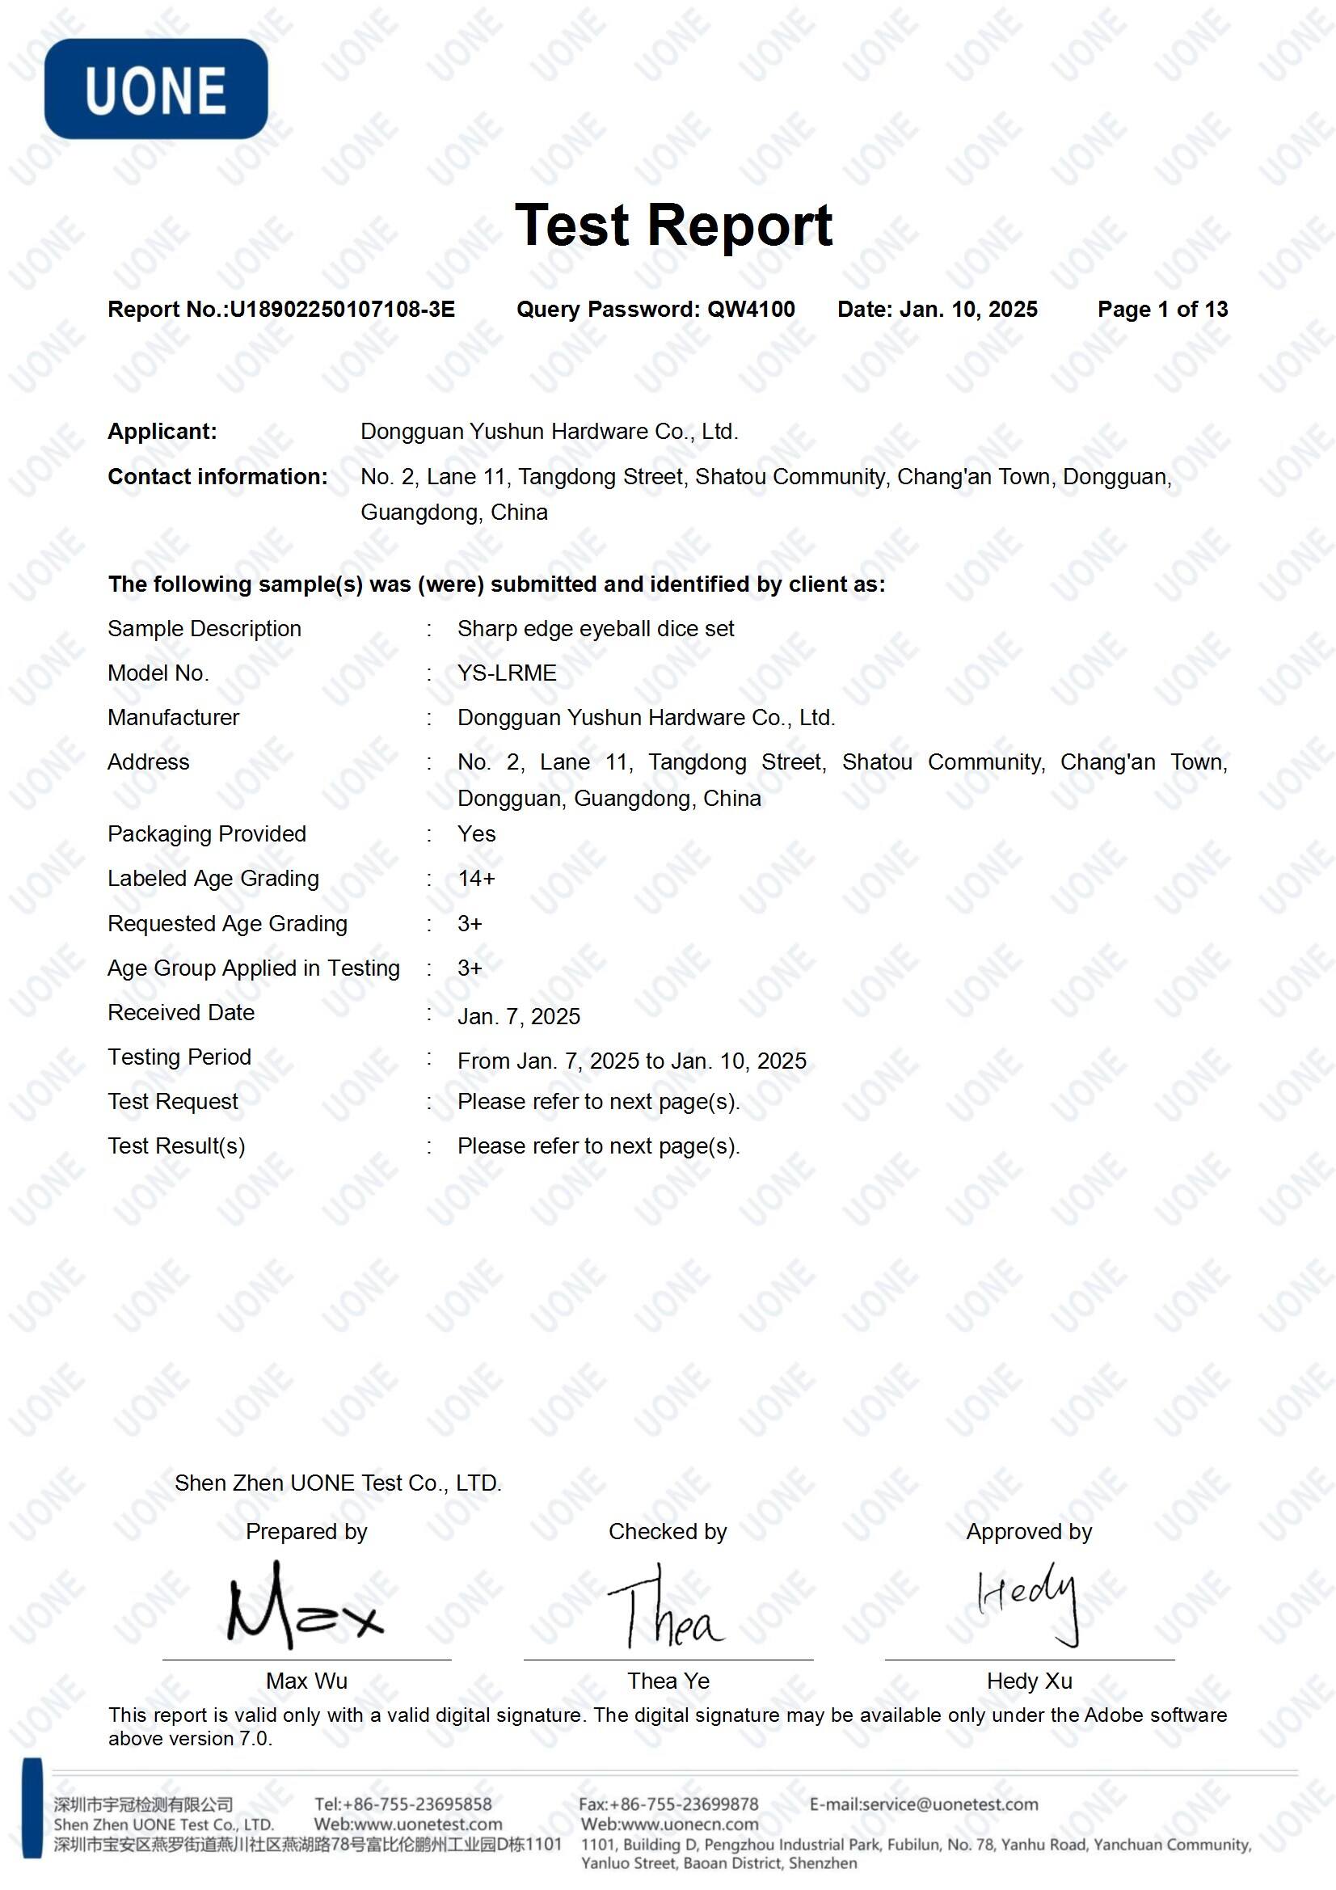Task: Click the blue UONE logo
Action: click(x=155, y=89)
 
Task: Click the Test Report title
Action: click(x=672, y=225)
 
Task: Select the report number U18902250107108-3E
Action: click(x=342, y=310)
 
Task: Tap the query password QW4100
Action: click(x=751, y=310)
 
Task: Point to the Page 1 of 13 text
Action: click(x=1161, y=310)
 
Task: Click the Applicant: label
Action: click(x=162, y=432)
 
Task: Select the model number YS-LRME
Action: click(x=506, y=673)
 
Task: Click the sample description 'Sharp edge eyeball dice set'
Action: click(x=595, y=629)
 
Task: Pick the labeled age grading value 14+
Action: click(x=476, y=880)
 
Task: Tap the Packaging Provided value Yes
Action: click(x=476, y=834)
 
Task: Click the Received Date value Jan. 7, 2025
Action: click(x=519, y=1017)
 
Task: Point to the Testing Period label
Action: click(x=179, y=1057)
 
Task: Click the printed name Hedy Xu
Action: click(x=1029, y=1681)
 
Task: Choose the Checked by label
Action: click(x=668, y=1531)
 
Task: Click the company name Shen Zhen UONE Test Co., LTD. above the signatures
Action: click(x=338, y=1483)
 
